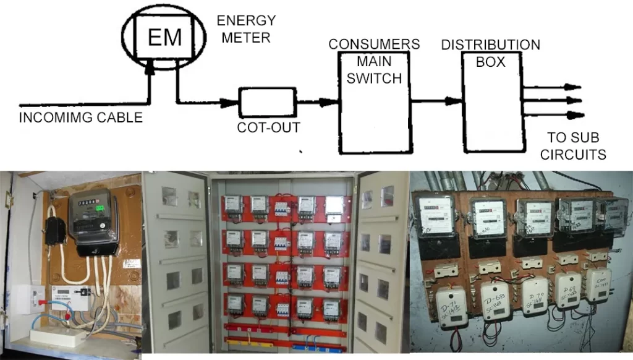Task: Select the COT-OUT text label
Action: (x=269, y=127)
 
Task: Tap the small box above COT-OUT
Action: (x=269, y=103)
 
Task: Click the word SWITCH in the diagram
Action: (x=374, y=79)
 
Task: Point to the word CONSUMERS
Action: (x=374, y=45)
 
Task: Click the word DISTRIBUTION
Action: (x=490, y=45)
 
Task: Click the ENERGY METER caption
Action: (x=245, y=29)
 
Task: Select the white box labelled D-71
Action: (x=451, y=307)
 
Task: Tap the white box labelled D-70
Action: (x=533, y=296)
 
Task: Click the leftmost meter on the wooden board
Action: (x=435, y=214)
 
